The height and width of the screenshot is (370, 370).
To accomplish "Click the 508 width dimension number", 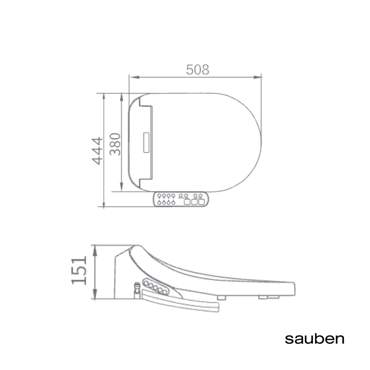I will [198, 69].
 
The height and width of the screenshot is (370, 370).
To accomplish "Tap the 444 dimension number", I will [97, 150].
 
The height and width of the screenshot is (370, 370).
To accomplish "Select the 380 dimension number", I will [115, 144].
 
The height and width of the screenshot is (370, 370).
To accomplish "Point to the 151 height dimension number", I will [79, 270].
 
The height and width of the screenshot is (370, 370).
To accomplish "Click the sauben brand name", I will [314, 339].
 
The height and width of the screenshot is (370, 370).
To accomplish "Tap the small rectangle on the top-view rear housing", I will [145, 143].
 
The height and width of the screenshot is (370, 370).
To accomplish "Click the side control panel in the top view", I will [181, 199].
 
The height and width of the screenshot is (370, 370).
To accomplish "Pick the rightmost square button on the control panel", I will [201, 202].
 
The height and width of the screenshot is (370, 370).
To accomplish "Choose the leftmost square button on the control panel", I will [187, 202].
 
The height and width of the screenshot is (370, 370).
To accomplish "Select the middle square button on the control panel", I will [194, 202].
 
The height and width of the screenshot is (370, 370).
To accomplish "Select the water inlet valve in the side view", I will [137, 289].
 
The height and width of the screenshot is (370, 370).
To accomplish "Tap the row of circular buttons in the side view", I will [155, 287].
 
